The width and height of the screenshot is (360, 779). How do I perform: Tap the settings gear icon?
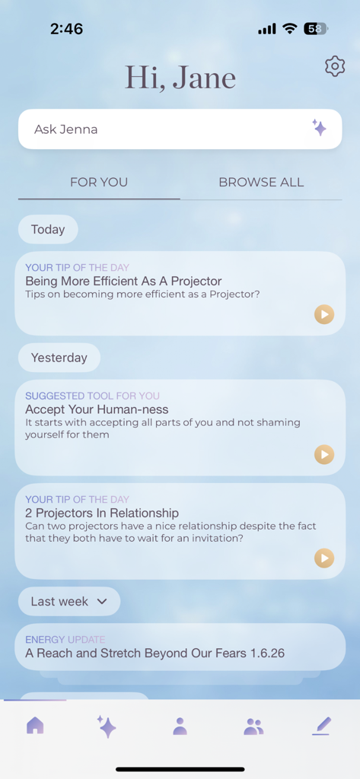(x=335, y=66)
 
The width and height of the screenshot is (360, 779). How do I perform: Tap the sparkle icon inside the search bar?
(x=320, y=128)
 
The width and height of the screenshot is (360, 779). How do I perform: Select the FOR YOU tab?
(x=99, y=183)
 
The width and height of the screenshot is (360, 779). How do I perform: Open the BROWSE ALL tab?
(x=261, y=183)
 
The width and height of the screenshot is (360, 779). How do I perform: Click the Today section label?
(x=48, y=230)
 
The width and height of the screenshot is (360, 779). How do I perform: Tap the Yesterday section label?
(x=59, y=358)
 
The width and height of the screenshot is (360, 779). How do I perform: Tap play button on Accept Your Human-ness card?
(x=324, y=455)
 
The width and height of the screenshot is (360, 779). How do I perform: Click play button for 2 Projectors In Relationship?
(x=324, y=558)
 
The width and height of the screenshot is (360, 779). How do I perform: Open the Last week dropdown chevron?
(x=102, y=602)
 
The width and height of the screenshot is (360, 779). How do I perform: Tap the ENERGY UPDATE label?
(x=65, y=640)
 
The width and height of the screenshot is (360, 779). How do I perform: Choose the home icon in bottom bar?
(x=35, y=726)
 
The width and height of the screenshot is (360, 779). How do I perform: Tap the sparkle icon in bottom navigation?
(x=107, y=727)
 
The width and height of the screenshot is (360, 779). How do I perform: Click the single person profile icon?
(x=180, y=727)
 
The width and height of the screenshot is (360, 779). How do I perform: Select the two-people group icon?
(x=253, y=727)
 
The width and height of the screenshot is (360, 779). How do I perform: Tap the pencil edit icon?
(x=321, y=727)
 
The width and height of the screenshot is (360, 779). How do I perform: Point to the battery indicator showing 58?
(x=315, y=29)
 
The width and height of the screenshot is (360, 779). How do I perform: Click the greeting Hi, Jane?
(x=180, y=78)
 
